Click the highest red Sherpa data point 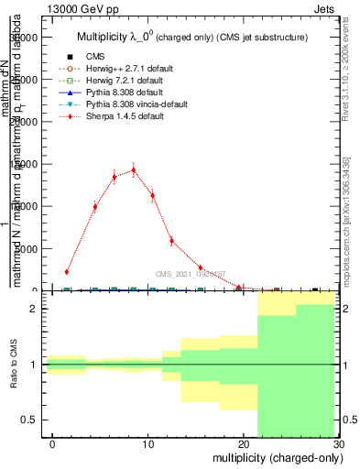click(x=134, y=169)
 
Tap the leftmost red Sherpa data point click(x=67, y=271)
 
